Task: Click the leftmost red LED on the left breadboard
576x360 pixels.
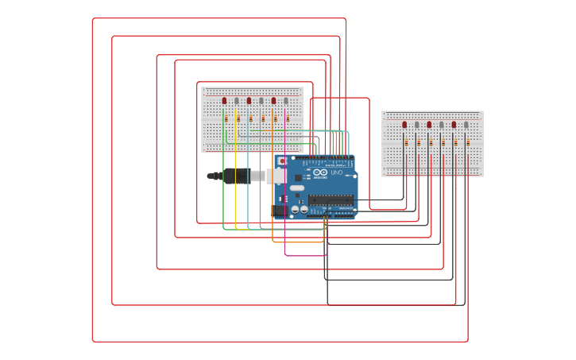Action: pyautogui.click(x=224, y=101)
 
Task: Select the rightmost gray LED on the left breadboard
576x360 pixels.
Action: pyautogui.click(x=286, y=101)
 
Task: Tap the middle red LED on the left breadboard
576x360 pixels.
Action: pyautogui.click(x=249, y=101)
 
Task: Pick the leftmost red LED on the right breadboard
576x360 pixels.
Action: pyautogui.click(x=404, y=125)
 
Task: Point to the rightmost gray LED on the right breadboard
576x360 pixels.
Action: pyautogui.click(x=466, y=125)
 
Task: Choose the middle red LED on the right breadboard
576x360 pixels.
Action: pyautogui.click(x=429, y=125)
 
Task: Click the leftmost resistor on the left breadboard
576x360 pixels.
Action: pyautogui.click(x=226, y=118)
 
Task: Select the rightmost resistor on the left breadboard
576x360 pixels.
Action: pyautogui.click(x=288, y=118)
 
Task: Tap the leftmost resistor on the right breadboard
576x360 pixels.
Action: pyautogui.click(x=407, y=142)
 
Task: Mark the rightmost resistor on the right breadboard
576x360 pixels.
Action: pyautogui.click(x=468, y=142)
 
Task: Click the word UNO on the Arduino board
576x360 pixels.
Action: pyautogui.click(x=337, y=172)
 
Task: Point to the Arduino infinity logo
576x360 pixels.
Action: pyautogui.click(x=320, y=172)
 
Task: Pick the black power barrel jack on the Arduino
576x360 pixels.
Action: pyautogui.click(x=280, y=211)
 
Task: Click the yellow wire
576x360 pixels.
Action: pyautogui.click(x=236, y=191)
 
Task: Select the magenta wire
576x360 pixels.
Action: pyautogui.click(x=285, y=238)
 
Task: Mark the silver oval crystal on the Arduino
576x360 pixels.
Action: pyautogui.click(x=296, y=188)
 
